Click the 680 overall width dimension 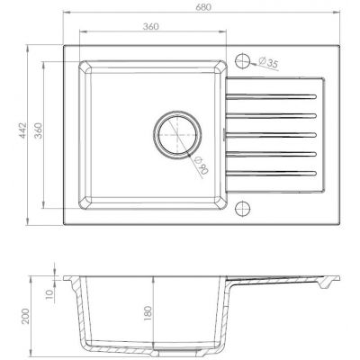coord(203,7)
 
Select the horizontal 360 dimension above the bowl coord(150,26)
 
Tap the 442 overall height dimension coord(22,130)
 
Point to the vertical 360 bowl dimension coord(38,130)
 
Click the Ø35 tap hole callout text coord(267,62)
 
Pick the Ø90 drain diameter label coord(202,166)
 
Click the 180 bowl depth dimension coord(148,313)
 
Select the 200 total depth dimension coord(26,316)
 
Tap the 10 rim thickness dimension coord(49,294)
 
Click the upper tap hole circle coord(242,61)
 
